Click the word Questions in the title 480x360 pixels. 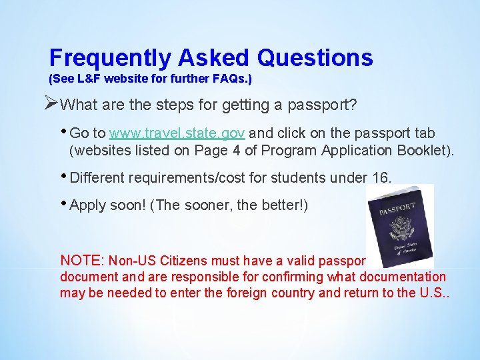315,58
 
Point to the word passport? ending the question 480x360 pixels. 326,105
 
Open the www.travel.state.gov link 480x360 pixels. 177,133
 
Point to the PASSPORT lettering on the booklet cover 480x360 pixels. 398,211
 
